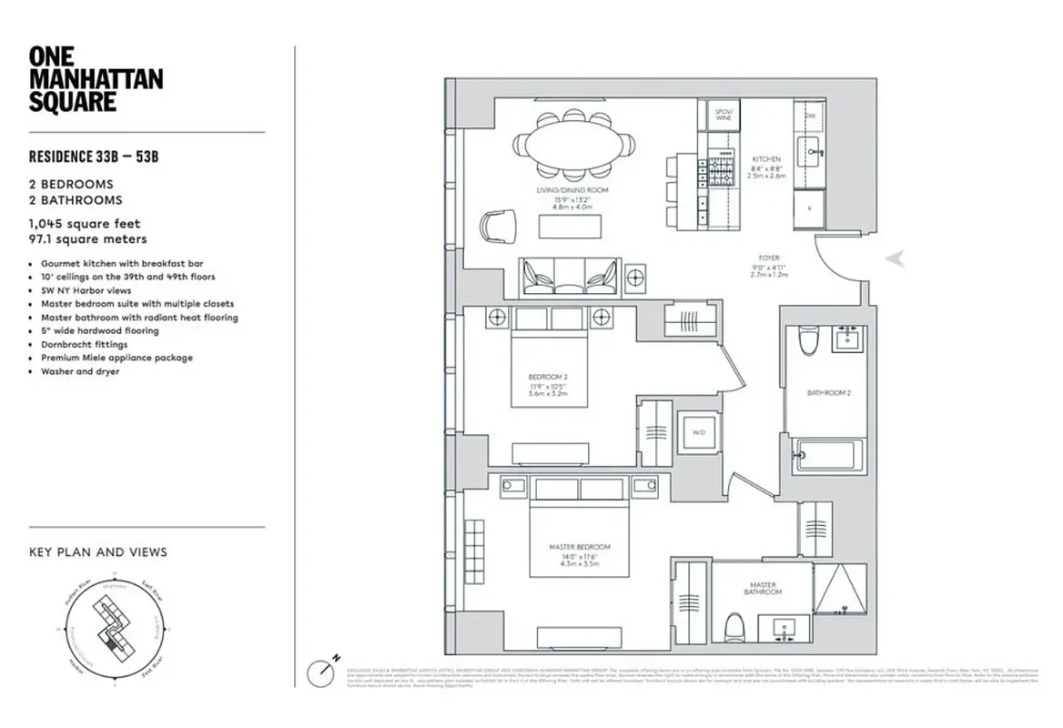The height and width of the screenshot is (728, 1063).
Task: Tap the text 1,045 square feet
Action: [85, 224]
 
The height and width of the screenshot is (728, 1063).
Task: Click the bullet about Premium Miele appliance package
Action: [116, 359]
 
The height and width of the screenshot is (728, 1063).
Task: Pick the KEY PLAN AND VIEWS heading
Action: [98, 552]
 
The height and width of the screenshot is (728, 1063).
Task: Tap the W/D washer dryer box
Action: [699, 432]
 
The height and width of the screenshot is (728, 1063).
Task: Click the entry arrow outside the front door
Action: [896, 259]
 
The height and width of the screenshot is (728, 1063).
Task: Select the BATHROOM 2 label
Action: [828, 393]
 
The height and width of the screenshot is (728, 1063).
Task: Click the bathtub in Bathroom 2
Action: [826, 455]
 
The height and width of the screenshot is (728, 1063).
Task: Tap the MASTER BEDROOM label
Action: [579, 547]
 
